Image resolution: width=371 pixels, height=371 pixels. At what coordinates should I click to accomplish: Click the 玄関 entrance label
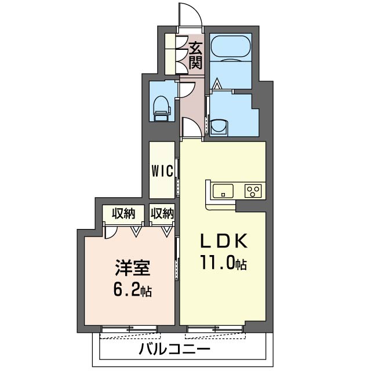coord(195,55)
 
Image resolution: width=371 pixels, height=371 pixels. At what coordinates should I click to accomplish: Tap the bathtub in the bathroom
coord(231,48)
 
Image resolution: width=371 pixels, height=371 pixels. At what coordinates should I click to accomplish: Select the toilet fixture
coord(162,108)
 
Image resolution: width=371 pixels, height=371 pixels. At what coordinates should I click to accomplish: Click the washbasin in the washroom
coord(219,128)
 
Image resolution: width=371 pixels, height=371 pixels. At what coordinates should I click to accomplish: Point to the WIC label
coord(162,171)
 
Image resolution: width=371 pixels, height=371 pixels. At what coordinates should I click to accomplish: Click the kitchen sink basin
coord(223,191)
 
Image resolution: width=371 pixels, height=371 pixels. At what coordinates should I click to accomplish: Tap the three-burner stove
coord(253,191)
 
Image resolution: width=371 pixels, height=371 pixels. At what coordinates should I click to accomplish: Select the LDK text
coord(224,241)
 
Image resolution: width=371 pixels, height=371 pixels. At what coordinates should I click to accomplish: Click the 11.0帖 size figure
coord(224,262)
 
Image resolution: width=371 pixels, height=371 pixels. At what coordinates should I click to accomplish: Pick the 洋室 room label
coord(133,268)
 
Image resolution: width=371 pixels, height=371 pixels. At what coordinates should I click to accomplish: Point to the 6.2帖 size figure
coord(133,290)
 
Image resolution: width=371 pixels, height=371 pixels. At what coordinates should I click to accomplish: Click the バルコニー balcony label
coord(174,349)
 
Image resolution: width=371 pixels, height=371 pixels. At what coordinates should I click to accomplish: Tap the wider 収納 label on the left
coord(123,214)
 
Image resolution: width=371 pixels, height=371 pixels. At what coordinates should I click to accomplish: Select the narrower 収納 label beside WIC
coord(162,214)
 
